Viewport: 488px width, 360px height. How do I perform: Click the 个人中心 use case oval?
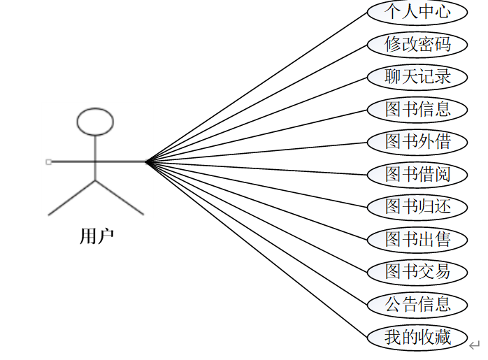click(x=418, y=12)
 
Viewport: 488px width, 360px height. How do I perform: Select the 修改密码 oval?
click(x=418, y=45)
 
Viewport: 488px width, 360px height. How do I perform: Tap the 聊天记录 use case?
click(x=418, y=77)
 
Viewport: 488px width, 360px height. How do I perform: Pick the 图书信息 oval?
click(x=418, y=110)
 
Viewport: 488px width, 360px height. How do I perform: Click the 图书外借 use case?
click(x=418, y=142)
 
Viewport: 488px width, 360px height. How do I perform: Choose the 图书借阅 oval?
click(x=418, y=174)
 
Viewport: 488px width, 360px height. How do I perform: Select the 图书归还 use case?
click(x=418, y=207)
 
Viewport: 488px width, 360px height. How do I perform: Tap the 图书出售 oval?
click(x=418, y=240)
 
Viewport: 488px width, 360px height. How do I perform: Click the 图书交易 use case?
click(x=418, y=272)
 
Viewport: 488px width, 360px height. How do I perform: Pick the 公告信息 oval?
click(x=418, y=305)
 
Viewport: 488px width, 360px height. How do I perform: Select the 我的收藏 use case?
click(x=418, y=338)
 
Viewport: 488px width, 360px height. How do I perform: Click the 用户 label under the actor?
click(x=96, y=237)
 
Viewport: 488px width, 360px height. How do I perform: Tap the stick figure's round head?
click(x=95, y=122)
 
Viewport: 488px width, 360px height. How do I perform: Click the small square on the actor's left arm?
click(x=48, y=161)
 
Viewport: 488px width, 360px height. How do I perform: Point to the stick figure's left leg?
click(x=71, y=198)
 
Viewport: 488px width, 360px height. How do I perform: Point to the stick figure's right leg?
click(x=120, y=198)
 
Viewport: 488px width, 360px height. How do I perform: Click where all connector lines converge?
click(x=147, y=161)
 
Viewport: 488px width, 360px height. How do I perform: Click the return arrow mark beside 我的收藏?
click(x=475, y=345)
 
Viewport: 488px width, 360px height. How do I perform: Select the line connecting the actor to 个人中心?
click(x=259, y=85)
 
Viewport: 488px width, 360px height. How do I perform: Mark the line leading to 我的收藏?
click(x=259, y=250)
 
